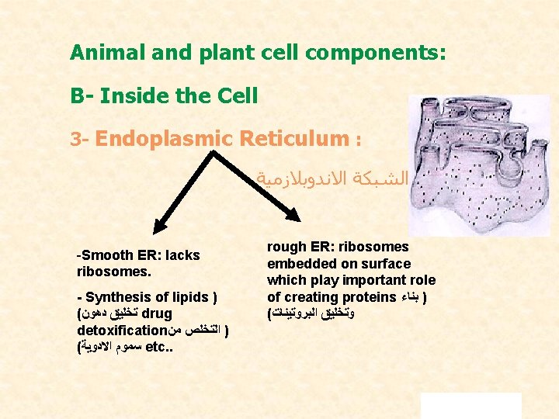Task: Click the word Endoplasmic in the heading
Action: [x=162, y=139]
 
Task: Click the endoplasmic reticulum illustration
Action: [x=478, y=166]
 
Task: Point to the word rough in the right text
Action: [x=286, y=247]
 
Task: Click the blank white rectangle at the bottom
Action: [x=470, y=405]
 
